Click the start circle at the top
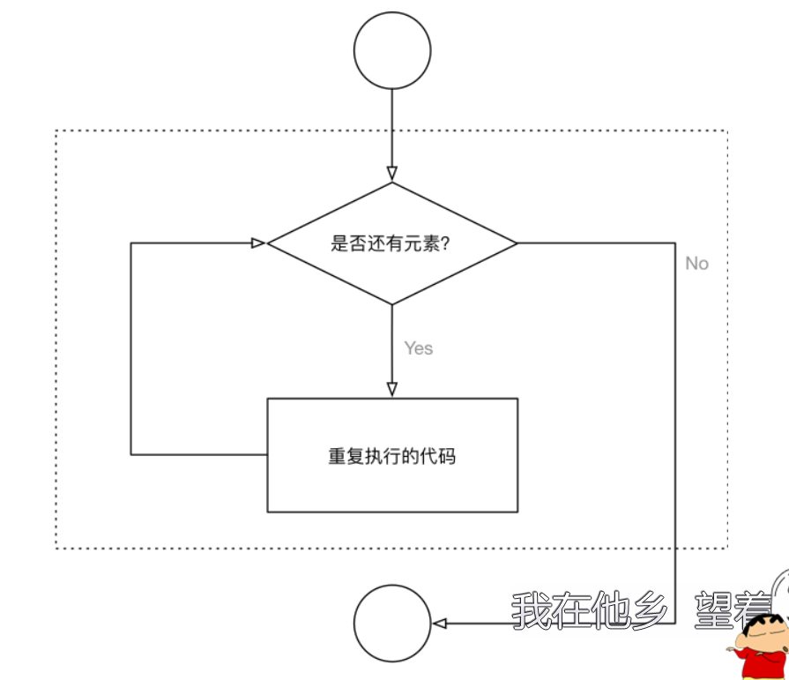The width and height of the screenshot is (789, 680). pos(391,50)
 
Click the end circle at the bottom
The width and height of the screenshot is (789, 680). pos(391,623)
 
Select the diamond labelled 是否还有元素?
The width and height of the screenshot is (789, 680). pos(391,243)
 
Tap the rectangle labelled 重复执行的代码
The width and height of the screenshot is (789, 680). pos(392,455)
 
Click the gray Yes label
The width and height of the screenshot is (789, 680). pos(419,348)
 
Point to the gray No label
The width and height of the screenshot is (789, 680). pos(696,264)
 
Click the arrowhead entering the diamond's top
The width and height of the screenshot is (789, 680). pos(392,174)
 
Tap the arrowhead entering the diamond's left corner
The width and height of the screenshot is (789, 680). pos(258,243)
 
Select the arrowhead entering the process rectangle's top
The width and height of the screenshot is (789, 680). pos(392,389)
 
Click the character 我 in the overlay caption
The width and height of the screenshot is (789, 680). pos(532,610)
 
